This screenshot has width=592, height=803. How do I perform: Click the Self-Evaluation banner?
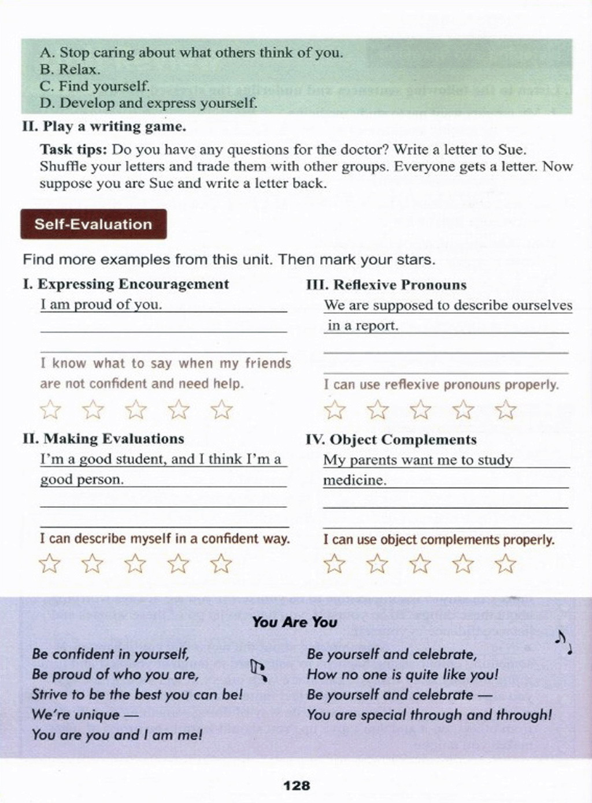click(x=93, y=224)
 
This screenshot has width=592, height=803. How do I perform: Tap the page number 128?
click(x=297, y=786)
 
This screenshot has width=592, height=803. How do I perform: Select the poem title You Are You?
click(x=294, y=622)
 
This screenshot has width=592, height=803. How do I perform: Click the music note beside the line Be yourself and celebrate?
click(x=563, y=642)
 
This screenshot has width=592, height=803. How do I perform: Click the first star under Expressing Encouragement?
click(x=50, y=410)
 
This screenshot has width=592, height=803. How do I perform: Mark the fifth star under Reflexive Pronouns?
click(x=505, y=410)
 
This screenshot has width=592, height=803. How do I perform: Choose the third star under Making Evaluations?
click(x=135, y=563)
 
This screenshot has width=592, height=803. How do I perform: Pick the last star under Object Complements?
click(x=505, y=563)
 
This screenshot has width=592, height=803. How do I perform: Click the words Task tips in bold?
click(x=73, y=150)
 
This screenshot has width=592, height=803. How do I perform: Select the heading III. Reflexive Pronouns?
click(x=386, y=285)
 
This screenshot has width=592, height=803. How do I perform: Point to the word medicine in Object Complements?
click(x=354, y=481)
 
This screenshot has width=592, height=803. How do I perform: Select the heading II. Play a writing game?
click(x=104, y=127)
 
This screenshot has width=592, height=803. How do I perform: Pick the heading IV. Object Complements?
click(x=391, y=440)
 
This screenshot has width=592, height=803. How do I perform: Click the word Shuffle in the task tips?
click(x=62, y=167)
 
